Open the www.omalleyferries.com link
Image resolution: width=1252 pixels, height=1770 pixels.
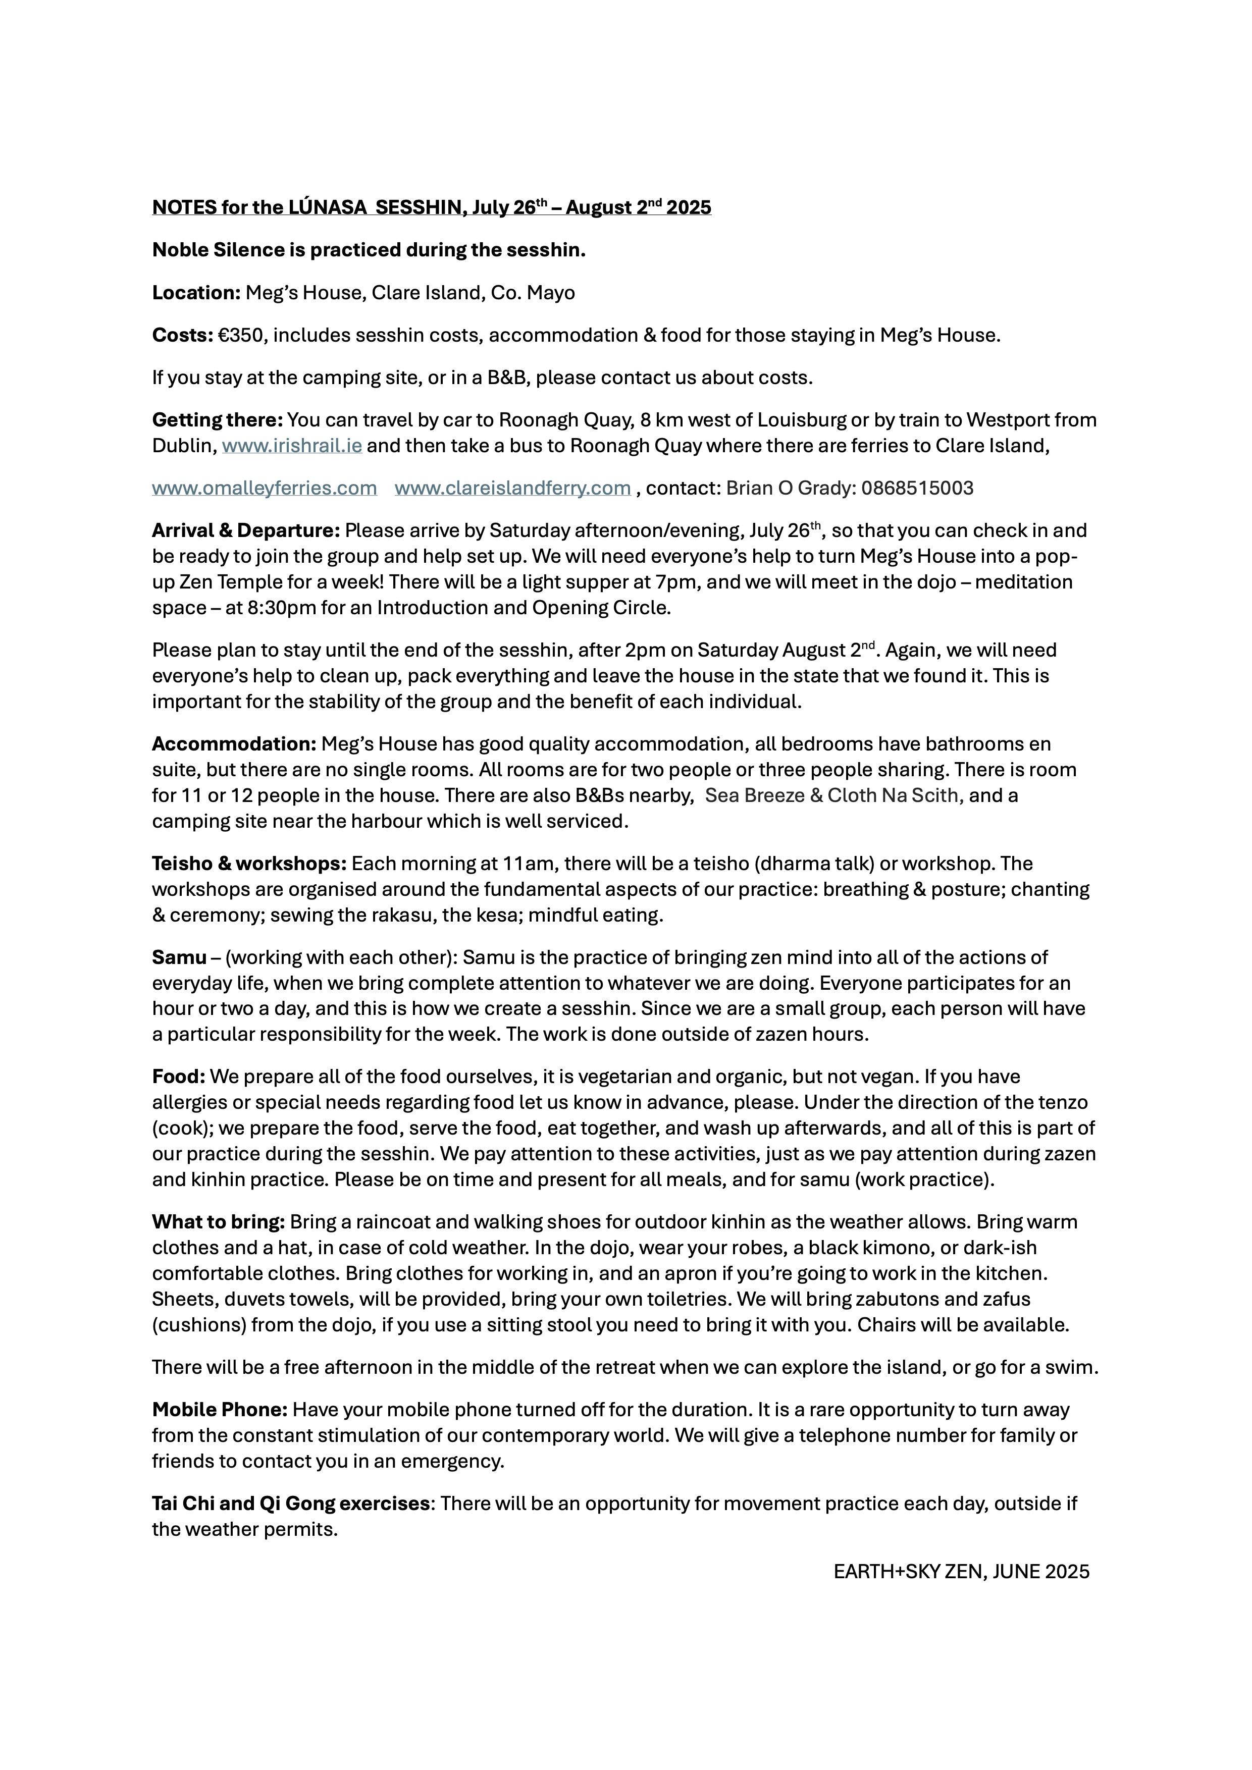[x=265, y=488]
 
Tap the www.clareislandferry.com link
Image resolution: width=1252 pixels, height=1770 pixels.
[x=513, y=488]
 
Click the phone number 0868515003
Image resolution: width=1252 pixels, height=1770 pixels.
[x=917, y=488]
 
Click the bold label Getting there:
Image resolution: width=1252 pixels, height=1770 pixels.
[x=218, y=420]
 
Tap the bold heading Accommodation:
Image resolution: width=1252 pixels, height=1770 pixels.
[x=234, y=744]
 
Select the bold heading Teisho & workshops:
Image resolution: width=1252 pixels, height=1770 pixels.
[x=249, y=864]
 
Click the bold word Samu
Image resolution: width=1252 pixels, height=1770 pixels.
[x=179, y=957]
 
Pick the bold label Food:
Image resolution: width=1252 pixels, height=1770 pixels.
[x=178, y=1077]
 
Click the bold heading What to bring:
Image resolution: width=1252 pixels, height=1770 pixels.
[x=218, y=1222]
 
